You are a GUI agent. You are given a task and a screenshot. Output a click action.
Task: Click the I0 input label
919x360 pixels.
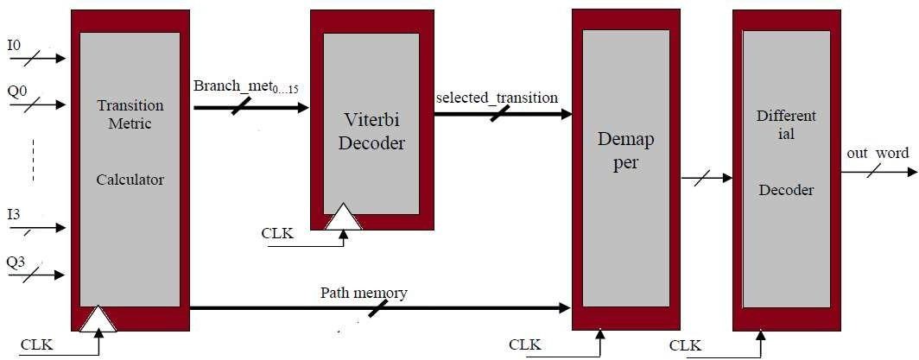point(14,44)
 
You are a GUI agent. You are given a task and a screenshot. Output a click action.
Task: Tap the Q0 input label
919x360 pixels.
point(16,89)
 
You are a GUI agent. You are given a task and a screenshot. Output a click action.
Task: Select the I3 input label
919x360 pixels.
point(14,213)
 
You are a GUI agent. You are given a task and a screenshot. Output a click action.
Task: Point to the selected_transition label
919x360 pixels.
point(497,97)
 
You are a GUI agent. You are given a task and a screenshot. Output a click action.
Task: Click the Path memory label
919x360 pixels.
point(364,294)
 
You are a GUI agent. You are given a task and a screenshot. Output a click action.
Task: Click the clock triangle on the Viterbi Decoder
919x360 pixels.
point(344,218)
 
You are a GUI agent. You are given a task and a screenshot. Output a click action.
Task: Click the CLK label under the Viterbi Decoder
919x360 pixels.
point(277,233)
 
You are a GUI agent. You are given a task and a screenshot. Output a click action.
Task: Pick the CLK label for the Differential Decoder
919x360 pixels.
point(685,346)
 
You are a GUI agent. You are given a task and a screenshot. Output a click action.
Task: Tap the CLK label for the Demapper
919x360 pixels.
point(525,345)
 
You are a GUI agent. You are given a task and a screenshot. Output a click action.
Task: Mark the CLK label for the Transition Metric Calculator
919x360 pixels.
point(37,345)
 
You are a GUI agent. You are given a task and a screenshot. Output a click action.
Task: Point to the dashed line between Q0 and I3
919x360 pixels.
point(33,159)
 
